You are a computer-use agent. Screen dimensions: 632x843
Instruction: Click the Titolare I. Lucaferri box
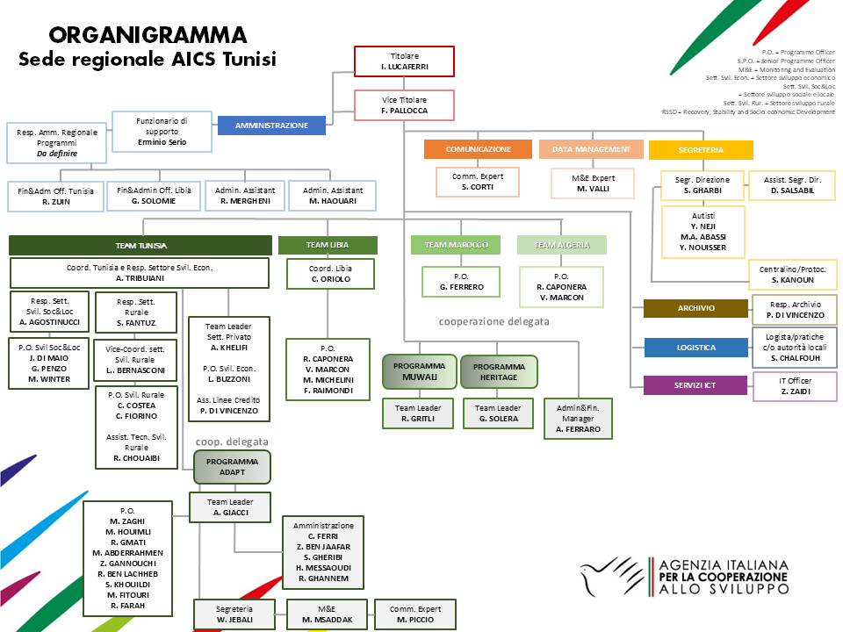click(x=404, y=61)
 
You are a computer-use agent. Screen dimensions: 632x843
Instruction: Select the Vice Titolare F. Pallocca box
click(x=404, y=105)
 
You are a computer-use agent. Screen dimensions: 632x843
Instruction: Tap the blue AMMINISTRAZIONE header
click(x=271, y=126)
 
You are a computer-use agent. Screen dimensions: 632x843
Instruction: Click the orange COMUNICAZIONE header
click(x=478, y=149)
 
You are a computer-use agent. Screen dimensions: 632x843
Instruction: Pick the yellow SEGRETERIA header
click(x=701, y=149)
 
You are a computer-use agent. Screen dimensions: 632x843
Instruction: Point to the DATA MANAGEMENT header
click(x=591, y=149)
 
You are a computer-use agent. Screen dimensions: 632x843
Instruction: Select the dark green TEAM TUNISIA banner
click(x=140, y=246)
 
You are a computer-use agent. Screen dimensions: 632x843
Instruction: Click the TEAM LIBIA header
click(x=328, y=246)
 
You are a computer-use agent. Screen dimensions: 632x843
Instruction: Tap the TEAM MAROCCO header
click(x=456, y=245)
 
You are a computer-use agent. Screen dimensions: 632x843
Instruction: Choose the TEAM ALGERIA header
click(x=561, y=245)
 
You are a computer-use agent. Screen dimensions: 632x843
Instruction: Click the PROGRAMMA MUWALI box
click(x=419, y=370)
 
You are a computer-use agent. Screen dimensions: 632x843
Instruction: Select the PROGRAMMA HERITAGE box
click(x=498, y=370)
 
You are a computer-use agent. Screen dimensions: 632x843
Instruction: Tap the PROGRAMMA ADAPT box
click(x=232, y=466)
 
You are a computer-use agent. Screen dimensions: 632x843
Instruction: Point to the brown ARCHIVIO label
click(x=695, y=308)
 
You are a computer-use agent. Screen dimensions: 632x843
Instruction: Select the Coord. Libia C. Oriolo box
click(x=330, y=273)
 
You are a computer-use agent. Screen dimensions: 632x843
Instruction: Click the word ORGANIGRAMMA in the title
click(x=148, y=35)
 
